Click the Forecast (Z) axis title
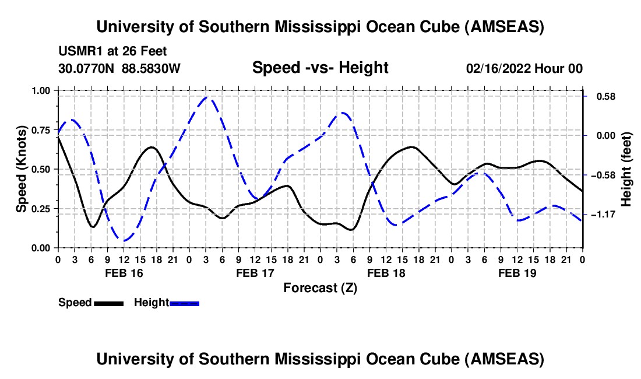click(x=320, y=287)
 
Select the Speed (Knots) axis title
click(x=21, y=169)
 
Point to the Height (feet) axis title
click(x=626, y=169)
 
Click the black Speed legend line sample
click(x=108, y=303)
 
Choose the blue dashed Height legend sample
click(x=185, y=303)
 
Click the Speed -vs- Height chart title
click(x=320, y=68)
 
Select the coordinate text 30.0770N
click(x=88, y=68)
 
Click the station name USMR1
click(x=80, y=51)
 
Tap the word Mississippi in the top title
click(x=331, y=27)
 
